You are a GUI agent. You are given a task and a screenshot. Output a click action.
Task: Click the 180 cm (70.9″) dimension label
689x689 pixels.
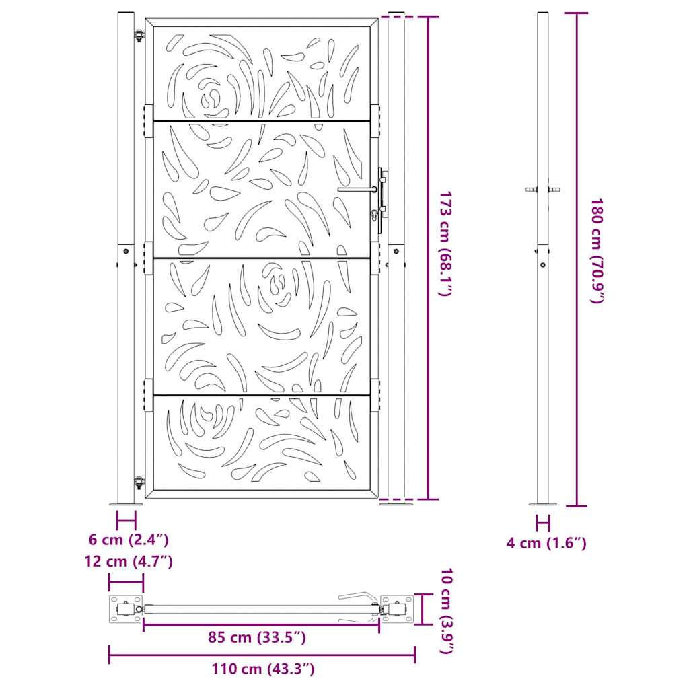click(596, 250)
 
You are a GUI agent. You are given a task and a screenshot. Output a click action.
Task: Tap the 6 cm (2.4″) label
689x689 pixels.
click(128, 539)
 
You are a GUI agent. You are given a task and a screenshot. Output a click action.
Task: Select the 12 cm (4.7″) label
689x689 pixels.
click(129, 561)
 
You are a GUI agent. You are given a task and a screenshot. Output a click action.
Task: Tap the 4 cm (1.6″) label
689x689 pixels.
click(546, 542)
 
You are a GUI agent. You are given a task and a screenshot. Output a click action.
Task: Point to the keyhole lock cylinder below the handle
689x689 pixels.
click(373, 215)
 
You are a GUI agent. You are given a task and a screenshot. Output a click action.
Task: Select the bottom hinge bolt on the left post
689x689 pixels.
click(139, 482)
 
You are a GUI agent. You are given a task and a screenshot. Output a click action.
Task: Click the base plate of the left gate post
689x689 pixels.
click(126, 503)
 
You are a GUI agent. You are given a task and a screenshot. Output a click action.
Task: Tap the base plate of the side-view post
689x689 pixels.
click(542, 503)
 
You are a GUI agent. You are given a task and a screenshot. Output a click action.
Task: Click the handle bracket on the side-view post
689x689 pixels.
click(542, 190)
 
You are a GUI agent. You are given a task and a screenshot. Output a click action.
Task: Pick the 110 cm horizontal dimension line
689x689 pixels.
click(262, 655)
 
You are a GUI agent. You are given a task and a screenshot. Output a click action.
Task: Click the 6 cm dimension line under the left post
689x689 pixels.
click(126, 520)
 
